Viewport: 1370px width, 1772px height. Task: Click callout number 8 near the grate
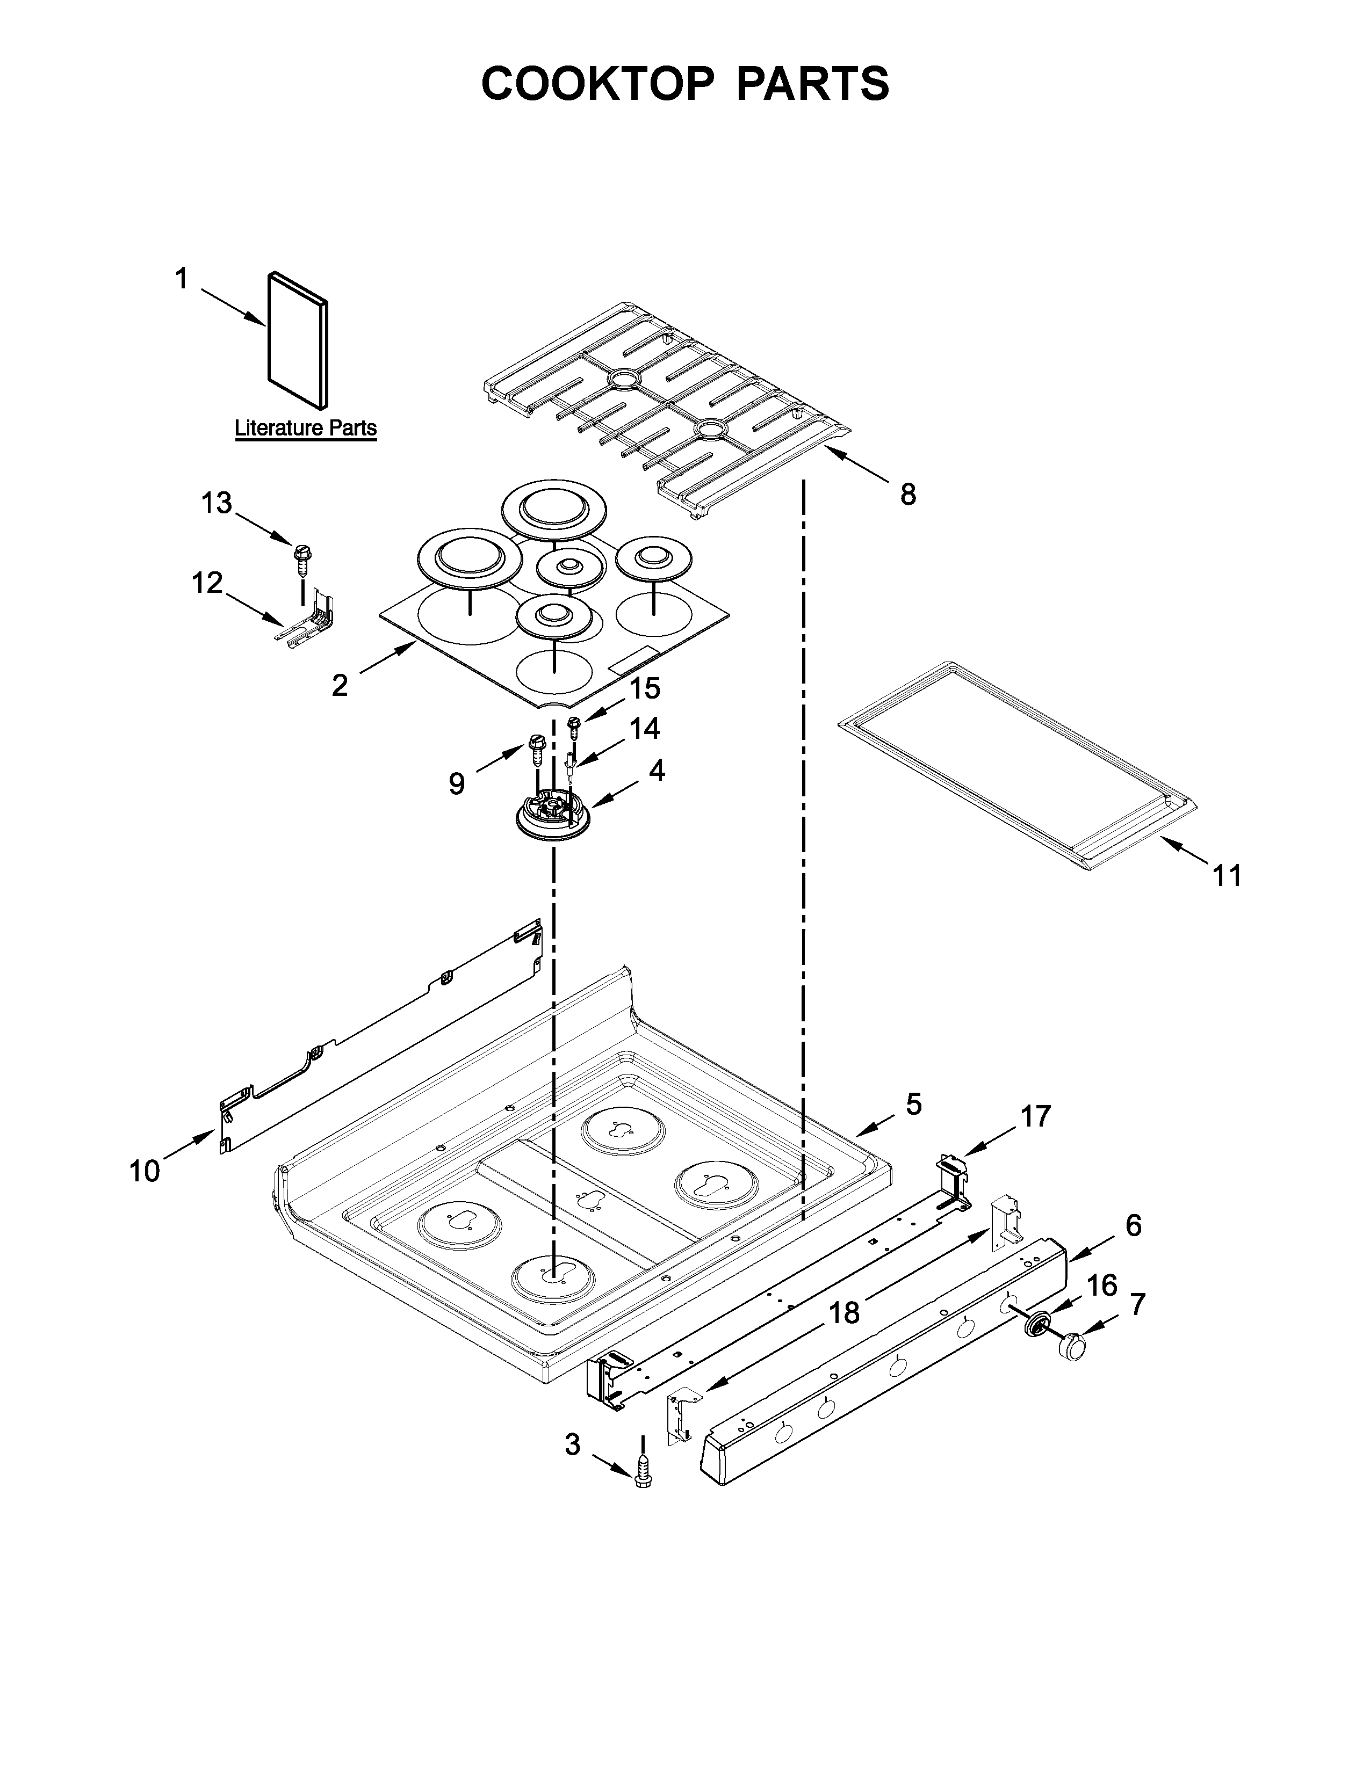point(907,493)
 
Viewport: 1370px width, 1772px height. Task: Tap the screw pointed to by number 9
point(537,750)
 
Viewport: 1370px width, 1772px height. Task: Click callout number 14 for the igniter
point(644,729)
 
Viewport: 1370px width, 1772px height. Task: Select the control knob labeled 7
point(1073,1346)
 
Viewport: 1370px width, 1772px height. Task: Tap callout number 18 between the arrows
point(845,1312)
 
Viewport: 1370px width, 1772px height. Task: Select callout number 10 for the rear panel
point(145,1171)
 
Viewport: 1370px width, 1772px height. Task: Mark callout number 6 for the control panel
point(1133,1225)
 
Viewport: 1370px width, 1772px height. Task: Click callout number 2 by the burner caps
point(339,686)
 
